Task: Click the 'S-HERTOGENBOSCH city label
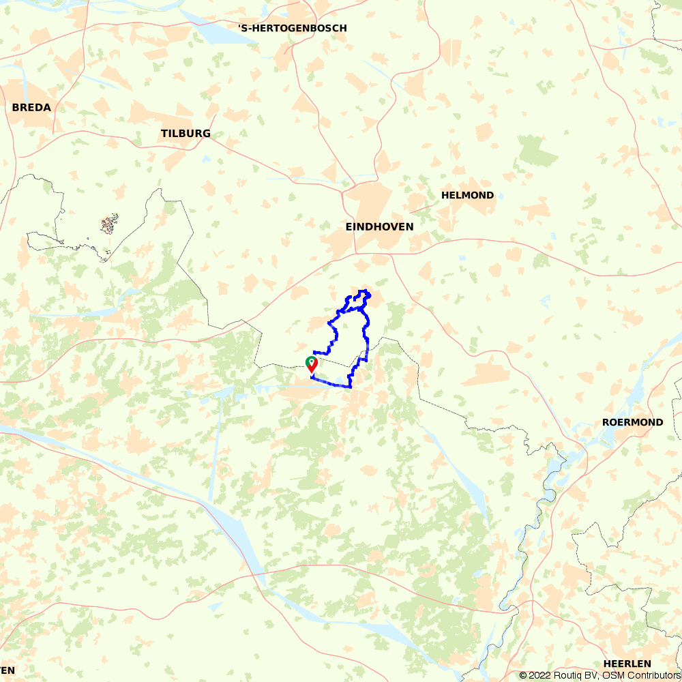pos(293,28)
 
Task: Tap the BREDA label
pos(31,107)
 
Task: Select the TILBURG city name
pos(186,133)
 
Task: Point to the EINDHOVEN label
pos(379,226)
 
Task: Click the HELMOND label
pos(467,195)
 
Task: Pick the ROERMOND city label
pos(632,422)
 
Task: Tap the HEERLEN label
pos(627,664)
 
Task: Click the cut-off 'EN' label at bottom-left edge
pos(7,670)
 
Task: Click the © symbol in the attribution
pos(523,675)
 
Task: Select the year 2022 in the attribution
pos(539,675)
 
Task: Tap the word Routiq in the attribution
pos(568,675)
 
